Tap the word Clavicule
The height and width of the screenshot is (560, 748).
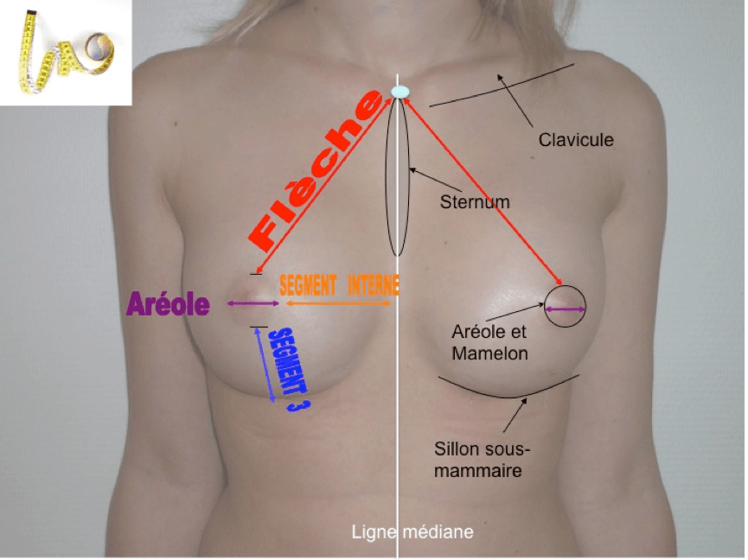click(x=576, y=138)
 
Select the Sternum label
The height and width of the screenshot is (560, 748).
click(x=475, y=202)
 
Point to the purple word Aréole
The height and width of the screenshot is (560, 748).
click(x=169, y=304)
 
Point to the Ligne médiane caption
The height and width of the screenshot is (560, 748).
click(x=412, y=531)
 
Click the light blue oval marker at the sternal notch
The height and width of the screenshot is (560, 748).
click(x=399, y=92)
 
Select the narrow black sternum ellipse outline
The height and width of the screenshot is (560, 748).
click(x=397, y=177)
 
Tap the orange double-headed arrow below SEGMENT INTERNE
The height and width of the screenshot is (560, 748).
click(x=342, y=302)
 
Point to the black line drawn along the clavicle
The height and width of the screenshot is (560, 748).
click(x=502, y=85)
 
